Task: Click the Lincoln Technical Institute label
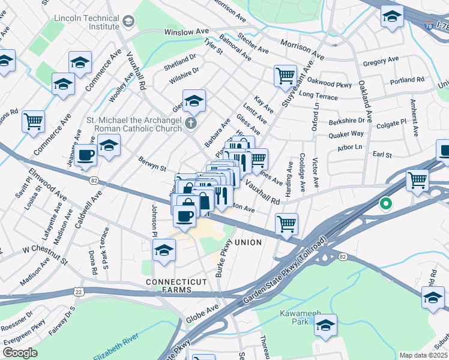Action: point(86,22)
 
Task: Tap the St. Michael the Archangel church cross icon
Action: point(190,124)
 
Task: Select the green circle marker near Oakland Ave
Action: point(385,204)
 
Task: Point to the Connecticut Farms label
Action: point(176,286)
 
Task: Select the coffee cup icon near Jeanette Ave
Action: point(86,155)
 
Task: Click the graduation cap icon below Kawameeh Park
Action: point(325,325)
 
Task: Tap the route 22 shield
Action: point(78,291)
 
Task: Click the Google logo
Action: point(20,353)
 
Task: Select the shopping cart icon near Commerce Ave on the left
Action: point(34,121)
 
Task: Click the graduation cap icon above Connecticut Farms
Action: point(163,251)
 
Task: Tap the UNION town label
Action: point(248,242)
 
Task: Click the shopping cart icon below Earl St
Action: point(418,179)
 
